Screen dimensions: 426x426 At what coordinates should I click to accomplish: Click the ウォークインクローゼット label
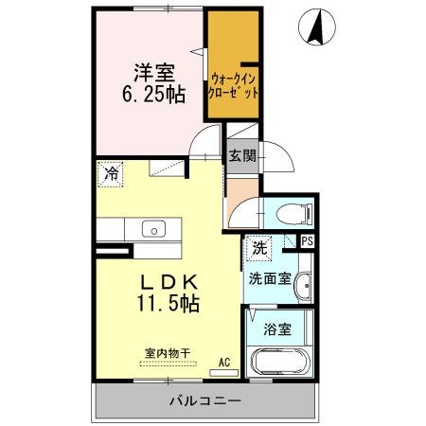tap(234, 86)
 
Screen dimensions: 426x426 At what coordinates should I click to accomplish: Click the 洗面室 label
tap(269, 280)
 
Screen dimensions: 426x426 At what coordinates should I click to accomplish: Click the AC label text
tap(224, 361)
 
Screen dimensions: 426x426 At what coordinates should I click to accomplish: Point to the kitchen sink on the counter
tap(151, 228)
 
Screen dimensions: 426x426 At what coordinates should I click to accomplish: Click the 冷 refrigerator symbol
tap(111, 174)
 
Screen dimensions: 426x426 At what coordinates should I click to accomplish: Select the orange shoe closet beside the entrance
tap(240, 196)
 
